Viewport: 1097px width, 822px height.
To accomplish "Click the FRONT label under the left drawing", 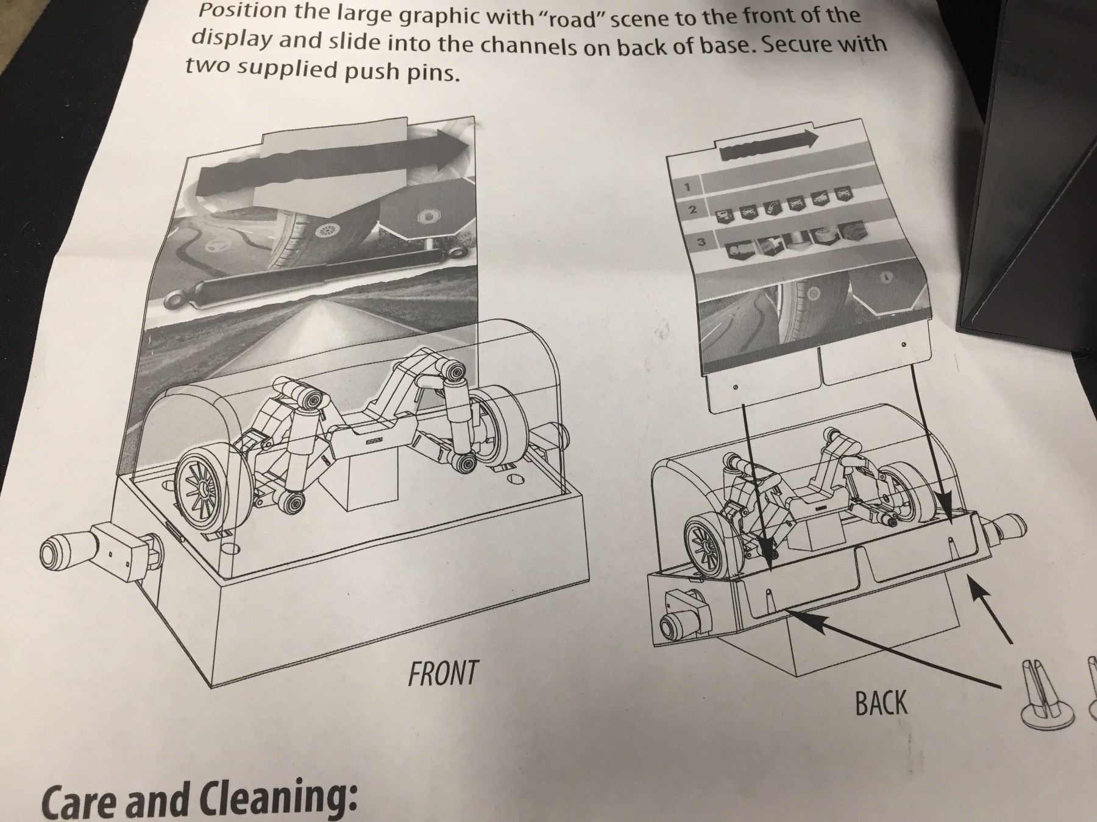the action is [x=443, y=673].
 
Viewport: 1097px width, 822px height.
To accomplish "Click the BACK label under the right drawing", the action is [x=881, y=703].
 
